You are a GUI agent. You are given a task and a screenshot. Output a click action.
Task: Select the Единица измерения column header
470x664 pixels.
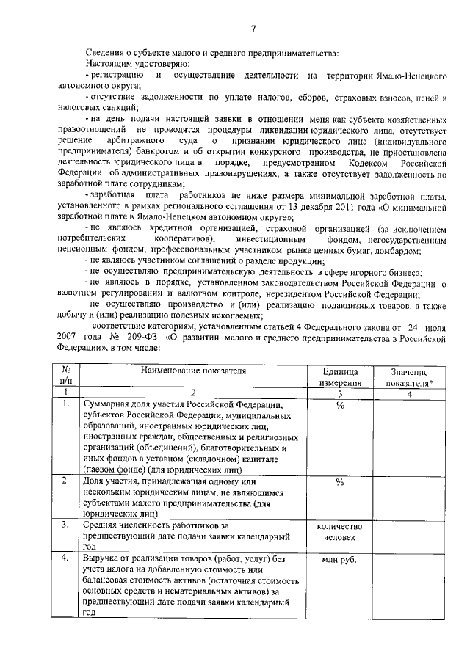tap(340, 377)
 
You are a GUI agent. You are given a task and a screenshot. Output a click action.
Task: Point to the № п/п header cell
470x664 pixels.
tap(66, 377)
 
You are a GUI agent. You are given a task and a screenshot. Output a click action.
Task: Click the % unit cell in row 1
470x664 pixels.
tap(340, 404)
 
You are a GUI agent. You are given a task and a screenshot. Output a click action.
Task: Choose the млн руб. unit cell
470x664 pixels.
tap(340, 559)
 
